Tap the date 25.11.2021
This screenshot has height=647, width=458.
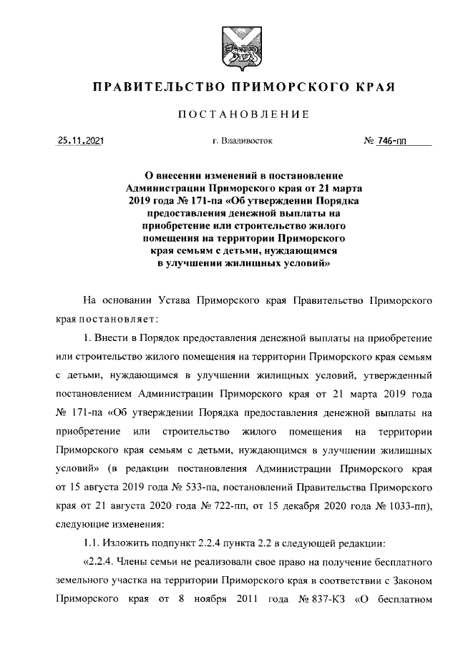pos(80,142)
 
